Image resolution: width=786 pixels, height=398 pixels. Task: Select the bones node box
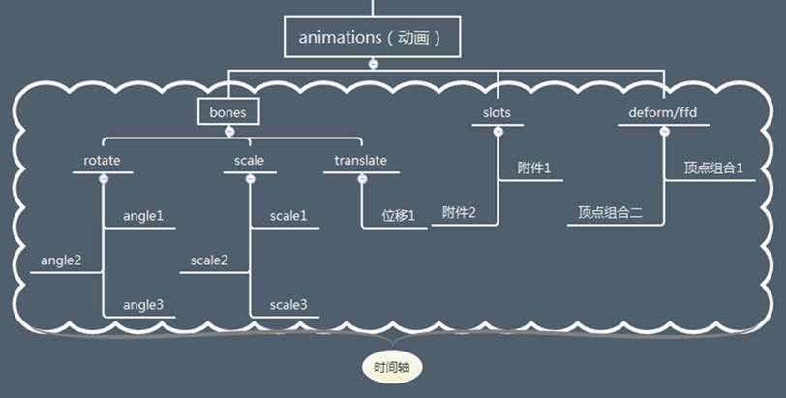pyautogui.click(x=227, y=112)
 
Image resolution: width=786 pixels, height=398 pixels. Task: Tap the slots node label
pyautogui.click(x=497, y=113)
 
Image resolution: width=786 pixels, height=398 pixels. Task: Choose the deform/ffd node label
pyautogui.click(x=664, y=113)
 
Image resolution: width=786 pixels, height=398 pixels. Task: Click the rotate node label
pyautogui.click(x=102, y=161)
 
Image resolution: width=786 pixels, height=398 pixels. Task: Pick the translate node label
pyautogui.click(x=361, y=161)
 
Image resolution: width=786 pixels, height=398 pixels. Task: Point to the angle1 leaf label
pyautogui.click(x=143, y=215)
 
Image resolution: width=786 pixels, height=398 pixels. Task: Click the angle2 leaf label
pyautogui.click(x=61, y=260)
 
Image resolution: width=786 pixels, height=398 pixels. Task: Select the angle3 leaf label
pyautogui.click(x=143, y=305)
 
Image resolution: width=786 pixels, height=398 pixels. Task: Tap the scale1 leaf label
pyautogui.click(x=288, y=215)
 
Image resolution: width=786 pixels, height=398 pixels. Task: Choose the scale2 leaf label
pyautogui.click(x=209, y=260)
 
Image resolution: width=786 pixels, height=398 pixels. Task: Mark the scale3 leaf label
pyautogui.click(x=288, y=305)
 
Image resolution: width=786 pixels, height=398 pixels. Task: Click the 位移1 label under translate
pyautogui.click(x=397, y=215)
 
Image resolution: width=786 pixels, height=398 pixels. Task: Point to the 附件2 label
pyautogui.click(x=459, y=212)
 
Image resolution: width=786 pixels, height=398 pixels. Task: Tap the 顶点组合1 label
pyautogui.click(x=713, y=168)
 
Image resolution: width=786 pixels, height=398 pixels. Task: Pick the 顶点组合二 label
pyautogui.click(x=610, y=212)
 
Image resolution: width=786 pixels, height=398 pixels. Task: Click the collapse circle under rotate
pyautogui.click(x=103, y=178)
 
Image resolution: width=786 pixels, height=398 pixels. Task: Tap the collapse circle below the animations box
pyautogui.click(x=372, y=64)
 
